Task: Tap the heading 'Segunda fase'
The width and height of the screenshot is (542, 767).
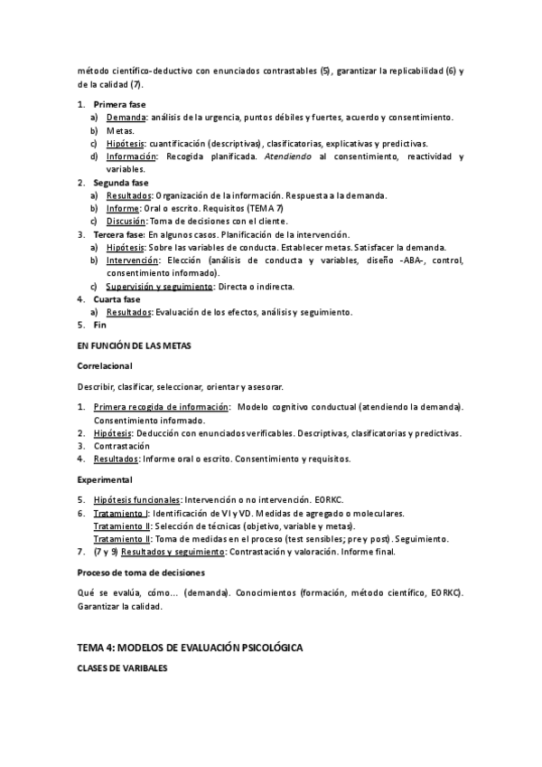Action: [121, 182]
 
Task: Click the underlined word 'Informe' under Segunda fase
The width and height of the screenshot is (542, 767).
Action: [124, 208]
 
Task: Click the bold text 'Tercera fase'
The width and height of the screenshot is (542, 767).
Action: [120, 234]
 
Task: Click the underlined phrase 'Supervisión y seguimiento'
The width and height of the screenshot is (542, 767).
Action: [159, 287]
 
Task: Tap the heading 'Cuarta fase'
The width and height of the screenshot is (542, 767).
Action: [118, 299]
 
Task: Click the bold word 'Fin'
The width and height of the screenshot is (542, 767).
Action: [100, 325]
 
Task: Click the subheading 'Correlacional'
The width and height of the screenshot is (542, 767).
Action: [104, 365]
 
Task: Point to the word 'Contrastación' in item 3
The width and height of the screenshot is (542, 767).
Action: [122, 446]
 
